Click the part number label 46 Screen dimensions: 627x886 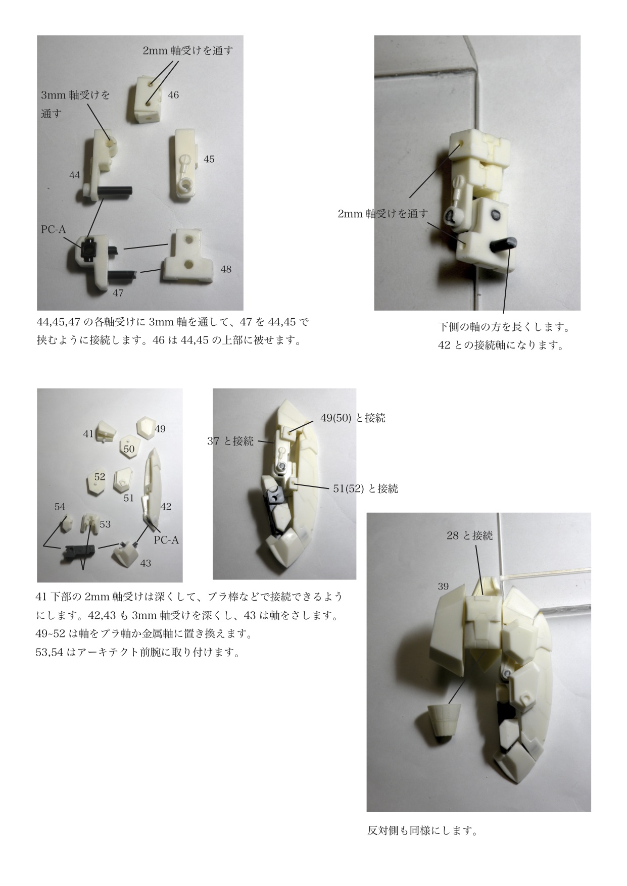coord(173,95)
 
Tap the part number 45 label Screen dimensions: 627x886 coord(209,159)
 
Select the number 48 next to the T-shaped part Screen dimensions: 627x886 coord(226,269)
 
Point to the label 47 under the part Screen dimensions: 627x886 coord(118,293)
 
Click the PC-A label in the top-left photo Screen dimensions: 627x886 coord(54,230)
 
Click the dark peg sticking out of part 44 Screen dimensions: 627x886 coord(115,191)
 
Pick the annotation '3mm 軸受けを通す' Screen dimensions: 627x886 coord(75,104)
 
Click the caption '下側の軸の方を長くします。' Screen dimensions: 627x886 coord(504,327)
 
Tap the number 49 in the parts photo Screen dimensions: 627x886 coord(160,429)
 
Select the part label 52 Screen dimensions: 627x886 coord(100,477)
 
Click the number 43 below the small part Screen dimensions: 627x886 coord(146,563)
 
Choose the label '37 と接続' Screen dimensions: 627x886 coord(230,441)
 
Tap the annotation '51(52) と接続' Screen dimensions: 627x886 coord(365,488)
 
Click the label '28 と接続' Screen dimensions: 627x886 coord(470,535)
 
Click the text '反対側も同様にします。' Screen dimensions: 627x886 coord(422,830)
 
